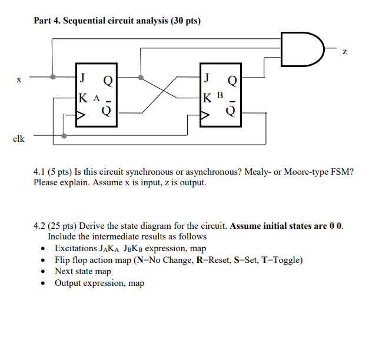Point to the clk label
pyautogui.click(x=19, y=139)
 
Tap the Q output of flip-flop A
pyautogui.click(x=108, y=79)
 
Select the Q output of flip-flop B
pyautogui.click(x=232, y=79)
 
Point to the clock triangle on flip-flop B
pyautogui.click(x=205, y=117)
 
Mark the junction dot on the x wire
pyautogui.click(x=54, y=76)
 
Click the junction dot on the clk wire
pyautogui.click(x=64, y=136)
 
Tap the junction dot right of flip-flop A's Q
pyautogui.click(x=140, y=76)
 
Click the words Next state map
pyautogui.click(x=82, y=271)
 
